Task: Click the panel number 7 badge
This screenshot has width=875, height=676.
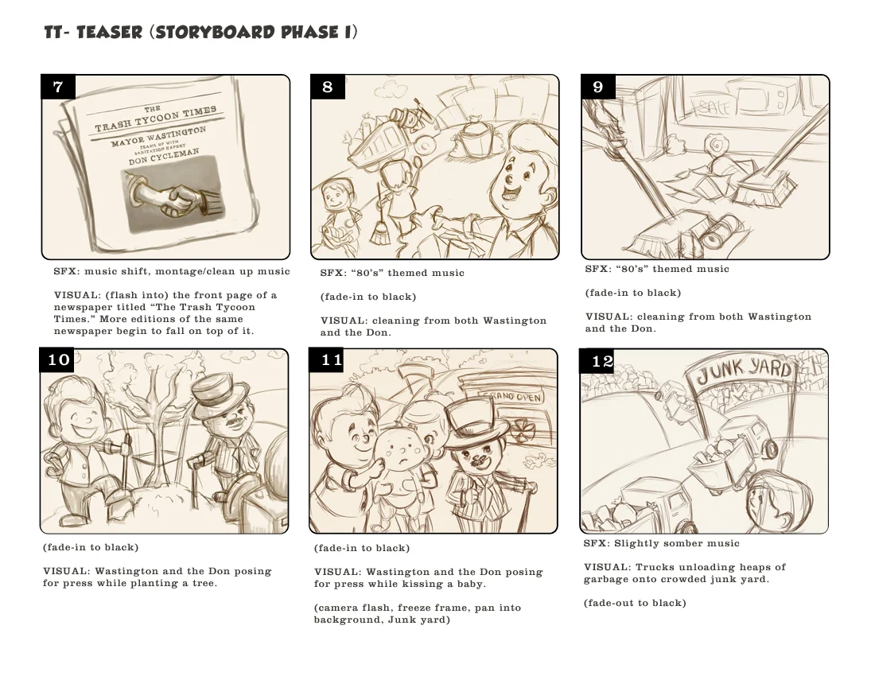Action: [57, 87]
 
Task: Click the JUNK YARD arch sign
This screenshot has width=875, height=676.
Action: [745, 371]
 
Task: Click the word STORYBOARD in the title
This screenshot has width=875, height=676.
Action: [215, 33]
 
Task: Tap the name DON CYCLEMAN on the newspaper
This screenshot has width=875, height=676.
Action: [164, 157]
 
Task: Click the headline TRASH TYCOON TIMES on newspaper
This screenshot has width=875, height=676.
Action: [156, 118]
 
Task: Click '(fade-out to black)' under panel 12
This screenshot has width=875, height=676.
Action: [635, 603]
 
